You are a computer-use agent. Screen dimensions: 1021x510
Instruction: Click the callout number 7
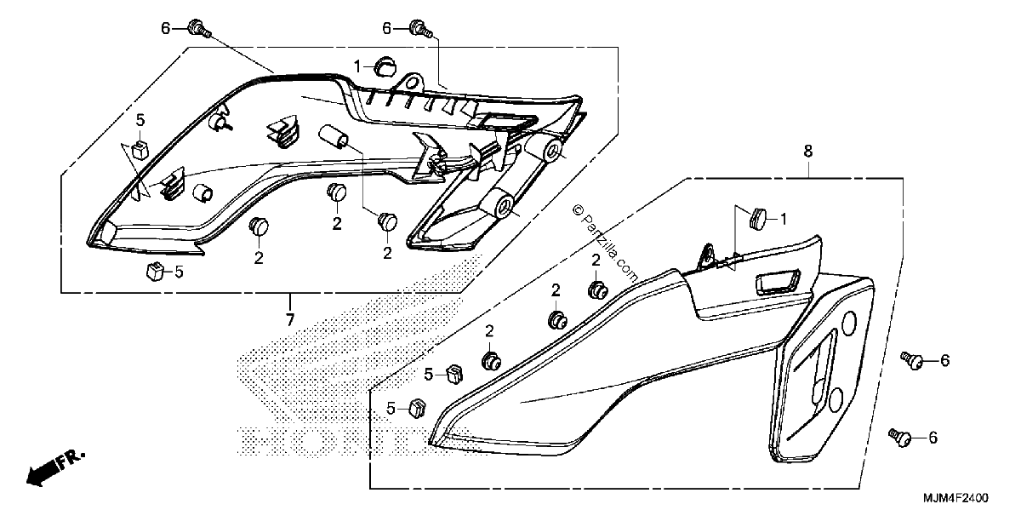[290, 319]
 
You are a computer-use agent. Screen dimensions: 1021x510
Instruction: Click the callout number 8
[807, 151]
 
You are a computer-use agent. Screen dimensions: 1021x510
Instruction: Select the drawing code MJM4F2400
[955, 497]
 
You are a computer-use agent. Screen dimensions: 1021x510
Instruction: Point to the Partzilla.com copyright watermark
[605, 244]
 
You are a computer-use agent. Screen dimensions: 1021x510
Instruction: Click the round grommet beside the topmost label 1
[385, 67]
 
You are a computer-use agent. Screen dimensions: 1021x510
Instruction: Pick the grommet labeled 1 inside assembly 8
[758, 219]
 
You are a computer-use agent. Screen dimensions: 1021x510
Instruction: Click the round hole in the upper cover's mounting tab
[412, 84]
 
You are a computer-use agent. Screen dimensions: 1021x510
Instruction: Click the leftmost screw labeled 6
[199, 28]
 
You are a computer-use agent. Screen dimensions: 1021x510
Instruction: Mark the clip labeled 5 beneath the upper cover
[155, 271]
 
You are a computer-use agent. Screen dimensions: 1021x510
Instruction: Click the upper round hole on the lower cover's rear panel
[849, 324]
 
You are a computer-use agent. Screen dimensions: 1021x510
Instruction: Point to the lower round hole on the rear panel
[836, 401]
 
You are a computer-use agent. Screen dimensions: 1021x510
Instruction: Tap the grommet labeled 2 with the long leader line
[388, 221]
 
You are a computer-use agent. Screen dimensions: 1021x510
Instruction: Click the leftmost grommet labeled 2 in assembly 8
[492, 361]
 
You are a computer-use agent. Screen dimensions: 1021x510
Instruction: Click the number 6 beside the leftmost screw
[165, 29]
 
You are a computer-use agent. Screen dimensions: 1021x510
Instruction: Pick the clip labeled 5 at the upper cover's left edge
[140, 149]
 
